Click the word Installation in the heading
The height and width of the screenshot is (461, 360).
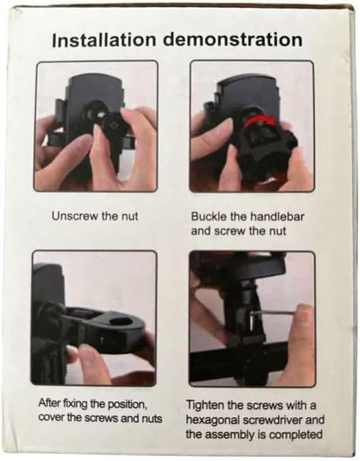[103, 40]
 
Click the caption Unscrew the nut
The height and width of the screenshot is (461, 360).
[95, 217]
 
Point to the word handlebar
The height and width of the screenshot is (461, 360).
[277, 217]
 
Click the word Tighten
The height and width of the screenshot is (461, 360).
[206, 405]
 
